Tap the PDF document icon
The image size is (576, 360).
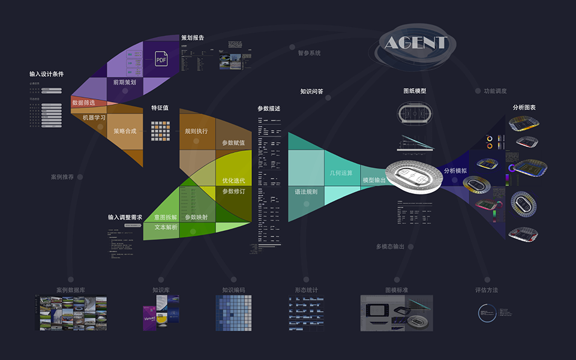click(x=161, y=59)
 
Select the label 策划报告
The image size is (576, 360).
click(x=193, y=38)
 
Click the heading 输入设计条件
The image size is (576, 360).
click(x=46, y=74)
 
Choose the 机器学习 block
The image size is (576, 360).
click(x=94, y=118)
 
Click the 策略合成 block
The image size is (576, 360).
click(x=125, y=130)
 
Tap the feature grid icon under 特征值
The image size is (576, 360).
click(x=161, y=131)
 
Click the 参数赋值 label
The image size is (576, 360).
click(x=233, y=143)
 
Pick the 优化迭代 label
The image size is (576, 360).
click(x=233, y=180)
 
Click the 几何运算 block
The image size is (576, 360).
click(x=341, y=173)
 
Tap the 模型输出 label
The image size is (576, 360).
click(x=374, y=180)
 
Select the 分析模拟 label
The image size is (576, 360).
click(x=455, y=171)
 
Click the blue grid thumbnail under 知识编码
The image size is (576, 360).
click(x=233, y=313)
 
